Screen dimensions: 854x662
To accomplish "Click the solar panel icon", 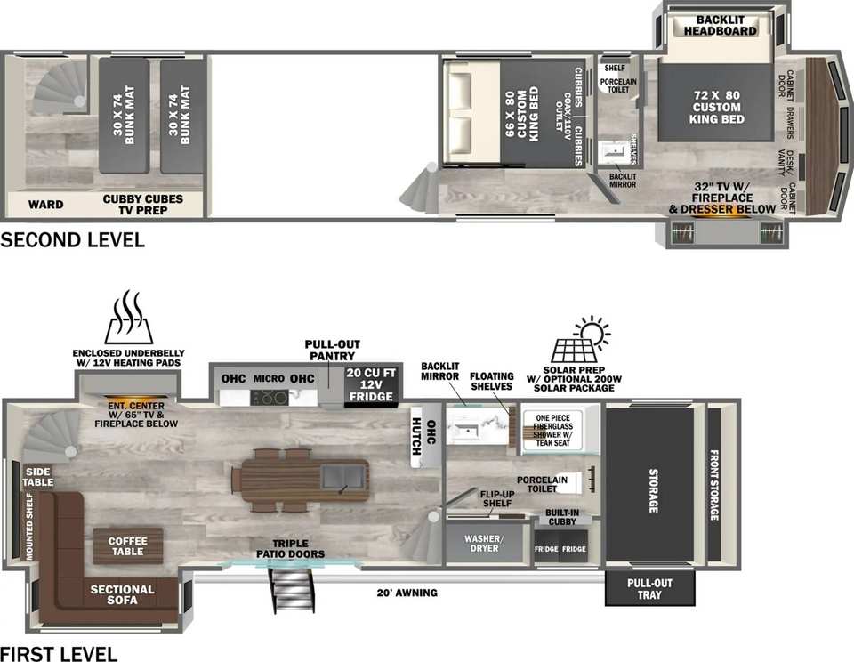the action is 581,340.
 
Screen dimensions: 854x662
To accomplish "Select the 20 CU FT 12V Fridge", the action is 371,385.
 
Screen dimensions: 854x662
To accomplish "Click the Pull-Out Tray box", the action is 649,588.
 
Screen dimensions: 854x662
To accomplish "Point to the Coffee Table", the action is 127,546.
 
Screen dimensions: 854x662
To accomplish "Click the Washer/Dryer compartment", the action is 484,544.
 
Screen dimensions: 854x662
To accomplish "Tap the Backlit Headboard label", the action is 720,26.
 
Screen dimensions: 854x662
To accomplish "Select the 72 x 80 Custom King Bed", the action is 715,101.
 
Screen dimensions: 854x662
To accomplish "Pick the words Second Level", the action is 72,240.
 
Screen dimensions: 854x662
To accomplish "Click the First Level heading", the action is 59,653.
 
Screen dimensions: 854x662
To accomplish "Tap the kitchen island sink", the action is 343,477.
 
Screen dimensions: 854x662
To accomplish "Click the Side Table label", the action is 38,477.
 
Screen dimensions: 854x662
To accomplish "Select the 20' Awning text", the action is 407,593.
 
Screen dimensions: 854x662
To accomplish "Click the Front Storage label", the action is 713,485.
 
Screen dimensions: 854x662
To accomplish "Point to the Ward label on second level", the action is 45,205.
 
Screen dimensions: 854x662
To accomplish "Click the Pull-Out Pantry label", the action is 332,350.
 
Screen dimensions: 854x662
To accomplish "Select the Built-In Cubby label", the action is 562,517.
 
